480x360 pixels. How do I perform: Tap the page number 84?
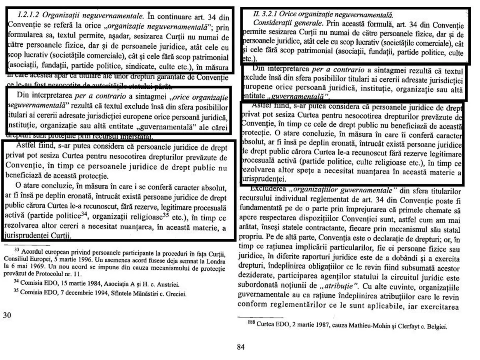pyautogui.click(x=240, y=347)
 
